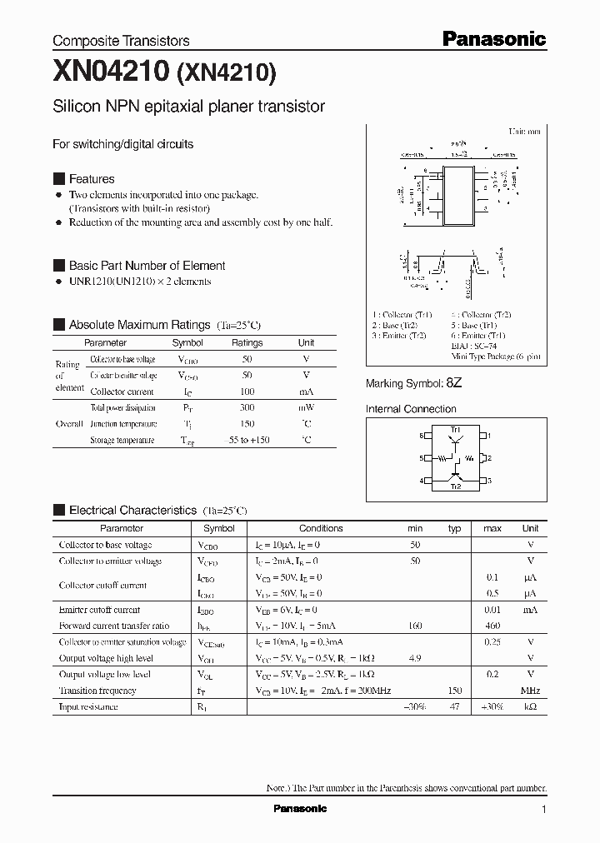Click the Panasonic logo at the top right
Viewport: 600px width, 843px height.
pos(492,38)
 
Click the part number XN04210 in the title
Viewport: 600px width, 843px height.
pos(111,72)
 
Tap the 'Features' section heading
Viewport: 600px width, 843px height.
pos(92,179)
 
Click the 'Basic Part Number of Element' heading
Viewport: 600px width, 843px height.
pos(147,266)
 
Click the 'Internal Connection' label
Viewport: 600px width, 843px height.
pos(411,409)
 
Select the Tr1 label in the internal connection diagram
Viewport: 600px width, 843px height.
pos(455,429)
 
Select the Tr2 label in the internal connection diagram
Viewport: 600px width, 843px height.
pos(455,486)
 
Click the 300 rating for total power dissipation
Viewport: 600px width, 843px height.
pos(247,408)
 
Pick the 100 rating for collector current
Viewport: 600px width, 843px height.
pos(247,392)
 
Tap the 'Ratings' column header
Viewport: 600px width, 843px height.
pos(247,342)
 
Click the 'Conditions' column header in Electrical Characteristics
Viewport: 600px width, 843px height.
pos(321,528)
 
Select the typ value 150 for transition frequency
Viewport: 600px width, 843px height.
pos(454,691)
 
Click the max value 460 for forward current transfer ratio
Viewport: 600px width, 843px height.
pos(492,626)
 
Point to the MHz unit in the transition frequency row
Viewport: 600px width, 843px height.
pos(530,691)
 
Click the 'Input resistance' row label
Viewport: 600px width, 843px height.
pos(87,706)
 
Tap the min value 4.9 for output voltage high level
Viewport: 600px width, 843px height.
pos(415,658)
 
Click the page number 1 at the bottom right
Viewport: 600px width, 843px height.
pos(543,810)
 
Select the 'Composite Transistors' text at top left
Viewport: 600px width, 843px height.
pos(121,41)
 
